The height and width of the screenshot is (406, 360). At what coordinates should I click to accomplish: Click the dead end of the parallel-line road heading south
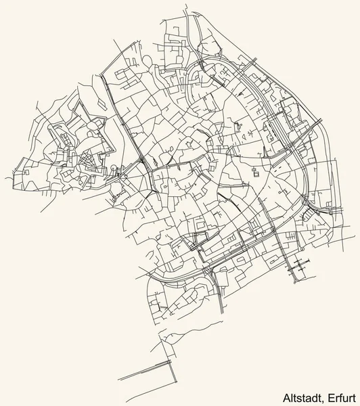point(223,313)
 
